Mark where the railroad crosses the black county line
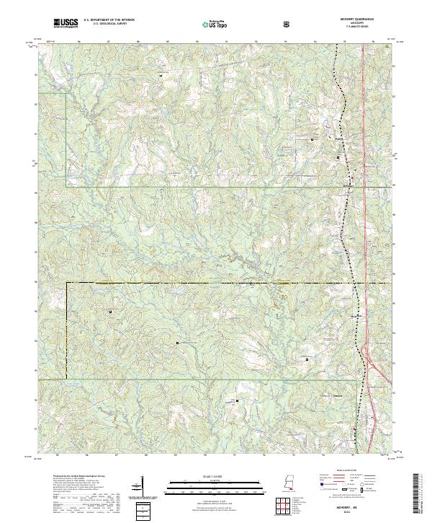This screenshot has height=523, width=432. (x=354, y=283)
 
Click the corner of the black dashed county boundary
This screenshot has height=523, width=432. (x=67, y=284)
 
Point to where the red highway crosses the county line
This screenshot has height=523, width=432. (x=364, y=283)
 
